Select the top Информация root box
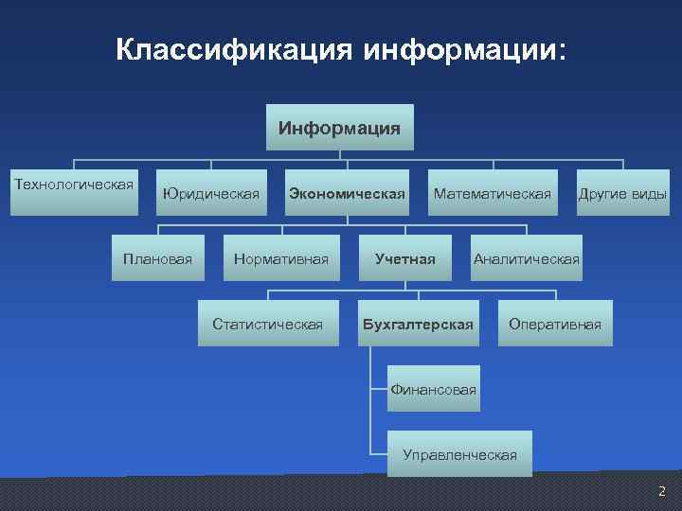point(339,127)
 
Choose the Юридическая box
point(210,194)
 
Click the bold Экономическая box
point(347,194)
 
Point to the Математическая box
point(492,194)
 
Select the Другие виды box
point(622,194)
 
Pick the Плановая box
point(158,258)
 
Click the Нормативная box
point(281,258)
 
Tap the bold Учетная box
point(404,258)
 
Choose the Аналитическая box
point(527,258)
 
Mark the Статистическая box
point(267,324)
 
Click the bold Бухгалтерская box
point(418,324)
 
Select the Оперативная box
point(555,324)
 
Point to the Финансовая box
point(433,389)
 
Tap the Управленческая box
point(459,454)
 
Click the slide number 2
point(661,490)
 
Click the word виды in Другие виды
point(649,194)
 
